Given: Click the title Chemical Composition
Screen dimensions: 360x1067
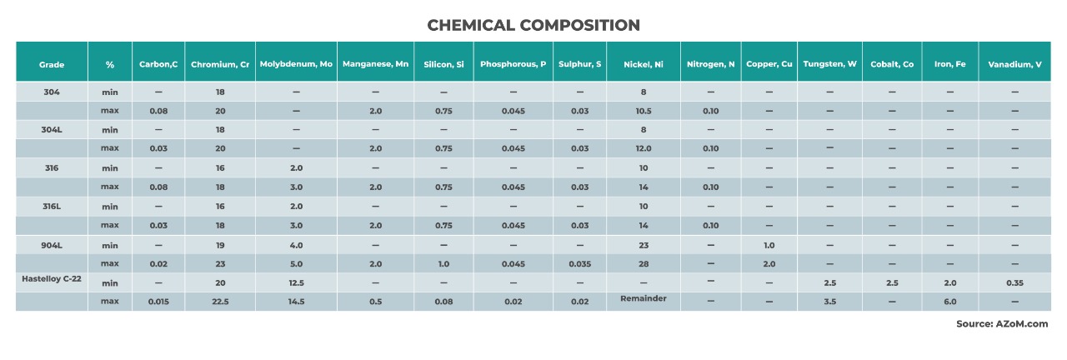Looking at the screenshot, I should [533, 25].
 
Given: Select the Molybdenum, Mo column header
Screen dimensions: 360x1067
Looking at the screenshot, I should [296, 64].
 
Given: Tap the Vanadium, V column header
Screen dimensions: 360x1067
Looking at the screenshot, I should [1014, 64].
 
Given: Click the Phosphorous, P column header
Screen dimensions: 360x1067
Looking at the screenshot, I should [513, 64].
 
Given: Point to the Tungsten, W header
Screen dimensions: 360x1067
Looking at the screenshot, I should [829, 64].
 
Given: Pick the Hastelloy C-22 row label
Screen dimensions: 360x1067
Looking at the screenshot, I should [51, 278].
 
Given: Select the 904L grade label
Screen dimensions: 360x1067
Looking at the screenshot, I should [51, 245].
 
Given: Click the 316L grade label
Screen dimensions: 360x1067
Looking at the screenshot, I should [51, 206].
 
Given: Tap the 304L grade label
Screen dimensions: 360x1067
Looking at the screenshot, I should [51, 129].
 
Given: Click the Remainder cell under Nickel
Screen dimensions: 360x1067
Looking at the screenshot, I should [643, 298].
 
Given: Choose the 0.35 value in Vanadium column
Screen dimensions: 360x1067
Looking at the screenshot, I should [1014, 283].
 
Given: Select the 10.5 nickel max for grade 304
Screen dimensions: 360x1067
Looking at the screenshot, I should [643, 111].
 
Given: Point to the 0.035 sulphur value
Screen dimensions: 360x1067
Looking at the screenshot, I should [580, 264].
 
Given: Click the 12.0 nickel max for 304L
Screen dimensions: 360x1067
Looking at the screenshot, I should [643, 149].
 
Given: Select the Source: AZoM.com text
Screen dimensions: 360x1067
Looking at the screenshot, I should [1002, 324].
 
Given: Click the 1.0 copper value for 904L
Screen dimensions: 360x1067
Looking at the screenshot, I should [769, 246].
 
